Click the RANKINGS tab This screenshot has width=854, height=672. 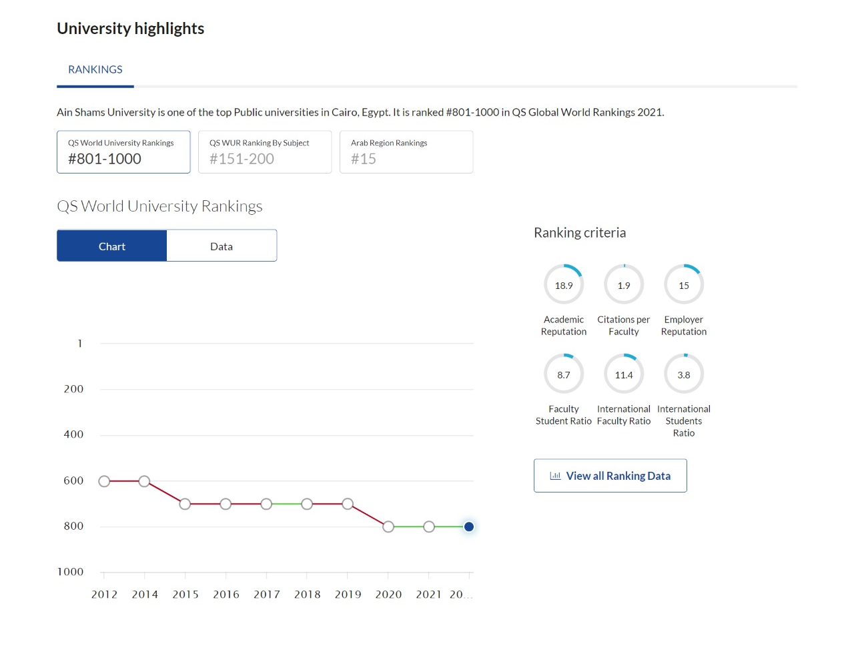tap(95, 70)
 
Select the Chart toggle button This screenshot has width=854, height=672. tap(112, 246)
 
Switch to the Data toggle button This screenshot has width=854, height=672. tap(222, 246)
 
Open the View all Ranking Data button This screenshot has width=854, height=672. tap(610, 476)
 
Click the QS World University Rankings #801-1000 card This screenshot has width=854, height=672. tap(123, 152)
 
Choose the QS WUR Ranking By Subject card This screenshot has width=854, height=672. tap(265, 152)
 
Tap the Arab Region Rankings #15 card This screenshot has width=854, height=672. tap(406, 152)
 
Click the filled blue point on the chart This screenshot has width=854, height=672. tap(468, 527)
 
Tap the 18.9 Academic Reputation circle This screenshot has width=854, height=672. tap(564, 265)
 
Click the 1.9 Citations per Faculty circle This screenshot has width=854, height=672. tap(624, 265)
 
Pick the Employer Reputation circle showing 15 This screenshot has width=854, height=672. tap(684, 265)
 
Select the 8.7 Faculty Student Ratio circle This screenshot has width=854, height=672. tap(564, 354)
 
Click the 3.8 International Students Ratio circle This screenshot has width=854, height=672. tap(684, 354)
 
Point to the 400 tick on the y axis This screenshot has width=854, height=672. tap(74, 434)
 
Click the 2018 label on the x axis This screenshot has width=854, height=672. tap(307, 595)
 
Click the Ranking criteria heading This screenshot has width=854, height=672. tap(580, 233)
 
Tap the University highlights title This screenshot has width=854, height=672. tap(131, 29)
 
